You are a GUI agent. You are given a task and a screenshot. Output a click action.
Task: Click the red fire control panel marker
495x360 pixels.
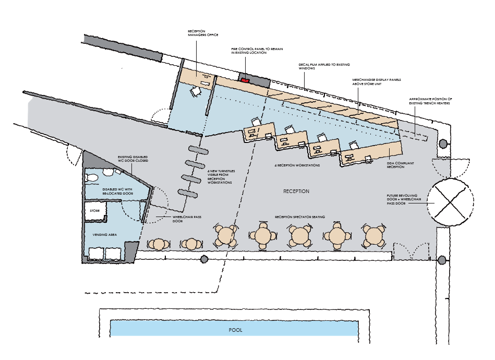coord(245,80)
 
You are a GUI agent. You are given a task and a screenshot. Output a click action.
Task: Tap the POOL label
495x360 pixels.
coord(236,330)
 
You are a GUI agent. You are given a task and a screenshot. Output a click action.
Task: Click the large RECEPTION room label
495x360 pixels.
coord(296,191)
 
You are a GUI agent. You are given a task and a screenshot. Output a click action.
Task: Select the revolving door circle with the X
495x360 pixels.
coord(451,202)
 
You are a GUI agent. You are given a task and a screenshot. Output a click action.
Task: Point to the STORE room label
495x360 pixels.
coord(95,211)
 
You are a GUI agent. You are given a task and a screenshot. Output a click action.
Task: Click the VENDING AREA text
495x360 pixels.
coord(104,235)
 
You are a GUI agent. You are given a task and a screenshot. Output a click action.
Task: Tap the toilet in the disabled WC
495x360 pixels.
coord(92,178)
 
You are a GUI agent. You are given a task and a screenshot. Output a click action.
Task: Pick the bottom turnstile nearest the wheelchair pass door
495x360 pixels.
coord(188,193)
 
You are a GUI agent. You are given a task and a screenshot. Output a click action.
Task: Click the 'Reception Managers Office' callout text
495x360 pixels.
coord(203,33)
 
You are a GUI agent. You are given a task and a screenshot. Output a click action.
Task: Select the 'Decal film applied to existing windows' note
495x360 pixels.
coord(324,66)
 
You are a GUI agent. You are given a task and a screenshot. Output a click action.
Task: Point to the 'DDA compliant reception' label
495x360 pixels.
coord(400,165)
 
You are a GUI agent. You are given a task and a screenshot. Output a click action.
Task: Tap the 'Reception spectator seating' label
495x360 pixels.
coord(300,217)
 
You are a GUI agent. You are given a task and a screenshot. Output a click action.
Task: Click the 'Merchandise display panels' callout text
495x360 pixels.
coord(377,82)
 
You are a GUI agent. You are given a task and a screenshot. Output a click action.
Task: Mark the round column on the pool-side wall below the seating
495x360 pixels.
coord(204,259)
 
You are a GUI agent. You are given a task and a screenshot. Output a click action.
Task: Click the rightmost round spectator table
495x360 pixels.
coord(373,236)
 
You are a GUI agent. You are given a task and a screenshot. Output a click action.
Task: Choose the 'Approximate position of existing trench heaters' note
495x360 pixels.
coord(431,101)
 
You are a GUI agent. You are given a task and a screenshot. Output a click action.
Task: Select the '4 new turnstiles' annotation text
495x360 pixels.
coord(221,177)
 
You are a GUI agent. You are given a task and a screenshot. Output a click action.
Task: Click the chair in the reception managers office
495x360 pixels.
coord(196,91)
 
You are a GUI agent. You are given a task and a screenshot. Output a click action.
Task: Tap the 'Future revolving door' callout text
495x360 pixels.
coord(404,200)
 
